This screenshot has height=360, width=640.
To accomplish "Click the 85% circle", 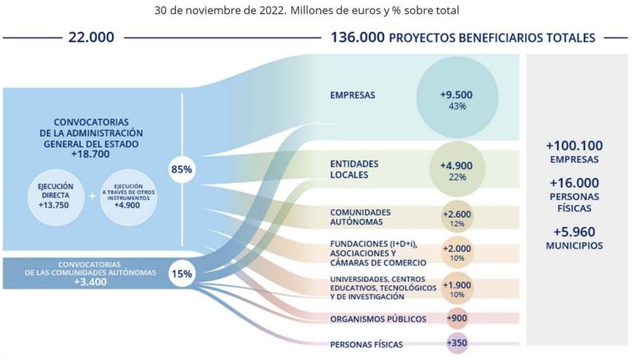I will tap(181, 169).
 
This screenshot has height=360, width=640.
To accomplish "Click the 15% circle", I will tap(181, 274).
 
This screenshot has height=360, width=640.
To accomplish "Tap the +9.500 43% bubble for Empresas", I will tap(457, 99).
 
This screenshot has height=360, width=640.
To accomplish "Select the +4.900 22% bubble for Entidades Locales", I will tap(457, 170).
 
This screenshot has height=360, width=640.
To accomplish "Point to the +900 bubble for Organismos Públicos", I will tap(457, 319).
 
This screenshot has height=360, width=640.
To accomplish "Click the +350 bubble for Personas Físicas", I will tap(457, 343).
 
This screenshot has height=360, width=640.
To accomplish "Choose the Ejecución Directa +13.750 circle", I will tap(56, 196).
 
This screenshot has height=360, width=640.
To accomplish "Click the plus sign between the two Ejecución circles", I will tap(92, 196).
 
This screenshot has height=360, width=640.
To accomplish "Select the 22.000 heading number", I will tap(91, 37).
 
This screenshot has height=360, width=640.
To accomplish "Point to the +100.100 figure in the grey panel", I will tap(575, 145).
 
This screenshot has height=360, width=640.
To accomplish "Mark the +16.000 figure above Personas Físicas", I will tap(575, 183).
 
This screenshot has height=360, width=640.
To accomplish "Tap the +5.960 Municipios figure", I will tap(575, 233).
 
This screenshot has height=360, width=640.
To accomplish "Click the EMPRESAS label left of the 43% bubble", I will tap(353, 95).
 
